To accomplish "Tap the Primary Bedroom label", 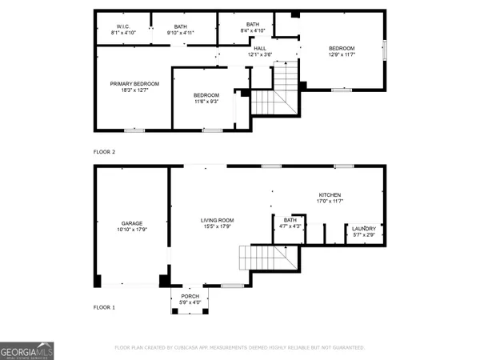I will [x=134, y=84].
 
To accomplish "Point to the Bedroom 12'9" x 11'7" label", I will [x=342, y=49].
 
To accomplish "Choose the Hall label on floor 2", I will [x=260, y=49].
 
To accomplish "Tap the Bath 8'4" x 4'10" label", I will [x=253, y=25].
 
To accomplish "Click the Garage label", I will [x=132, y=223].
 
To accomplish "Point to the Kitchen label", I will [x=330, y=195].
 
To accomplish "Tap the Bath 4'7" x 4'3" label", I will [x=290, y=220].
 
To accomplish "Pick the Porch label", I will [x=190, y=295].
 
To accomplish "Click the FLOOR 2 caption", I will [x=104, y=151].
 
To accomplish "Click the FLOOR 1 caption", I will [x=104, y=307].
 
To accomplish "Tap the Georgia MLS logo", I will [x=27, y=350].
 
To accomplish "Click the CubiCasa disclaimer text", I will [x=240, y=348].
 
